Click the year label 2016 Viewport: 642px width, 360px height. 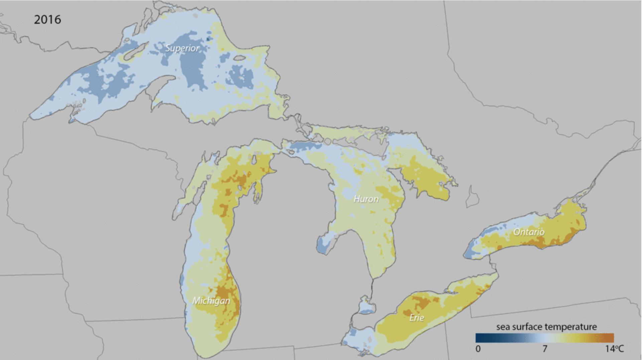pos(47,20)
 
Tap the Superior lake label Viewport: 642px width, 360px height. pos(182,48)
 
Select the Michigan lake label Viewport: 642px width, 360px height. pos(211,301)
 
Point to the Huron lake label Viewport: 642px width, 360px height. pos(366,199)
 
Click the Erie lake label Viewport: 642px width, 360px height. pos(416,318)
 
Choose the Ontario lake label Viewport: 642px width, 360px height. pos(529,232)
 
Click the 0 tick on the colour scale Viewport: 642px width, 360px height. pos(478,349)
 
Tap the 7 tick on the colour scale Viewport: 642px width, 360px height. pos(545,349)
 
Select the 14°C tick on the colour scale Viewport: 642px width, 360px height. pos(614,349)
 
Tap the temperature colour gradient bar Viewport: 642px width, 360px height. pos(545,338)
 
